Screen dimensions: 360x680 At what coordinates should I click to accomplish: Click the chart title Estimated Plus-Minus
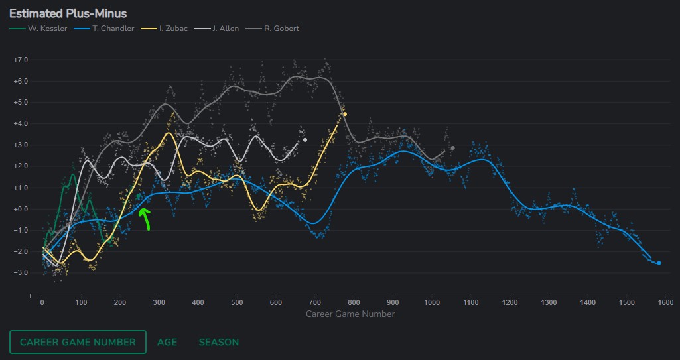click(68, 13)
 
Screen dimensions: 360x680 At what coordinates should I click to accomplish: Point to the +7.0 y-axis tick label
click(21, 60)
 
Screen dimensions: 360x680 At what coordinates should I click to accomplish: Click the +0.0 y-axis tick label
click(21, 209)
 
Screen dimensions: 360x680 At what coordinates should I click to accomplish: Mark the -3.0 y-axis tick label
click(21, 272)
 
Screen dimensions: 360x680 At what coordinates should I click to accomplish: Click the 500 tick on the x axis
click(237, 302)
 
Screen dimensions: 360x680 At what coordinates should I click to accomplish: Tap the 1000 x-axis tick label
click(432, 302)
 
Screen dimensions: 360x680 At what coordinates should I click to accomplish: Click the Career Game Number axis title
click(350, 314)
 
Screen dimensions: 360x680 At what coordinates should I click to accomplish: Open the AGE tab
click(167, 342)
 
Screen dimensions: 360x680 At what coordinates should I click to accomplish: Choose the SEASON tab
click(219, 342)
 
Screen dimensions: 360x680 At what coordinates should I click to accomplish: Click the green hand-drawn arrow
click(145, 218)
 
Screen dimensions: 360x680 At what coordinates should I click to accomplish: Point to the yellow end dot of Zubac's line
click(345, 114)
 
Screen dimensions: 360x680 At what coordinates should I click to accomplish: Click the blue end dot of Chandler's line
click(659, 263)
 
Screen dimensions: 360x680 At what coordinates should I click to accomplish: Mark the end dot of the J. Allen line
click(305, 139)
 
